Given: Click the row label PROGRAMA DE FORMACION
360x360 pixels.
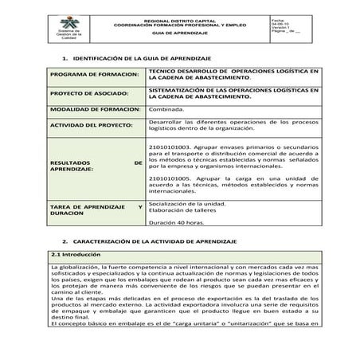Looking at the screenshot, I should point(92,76).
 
